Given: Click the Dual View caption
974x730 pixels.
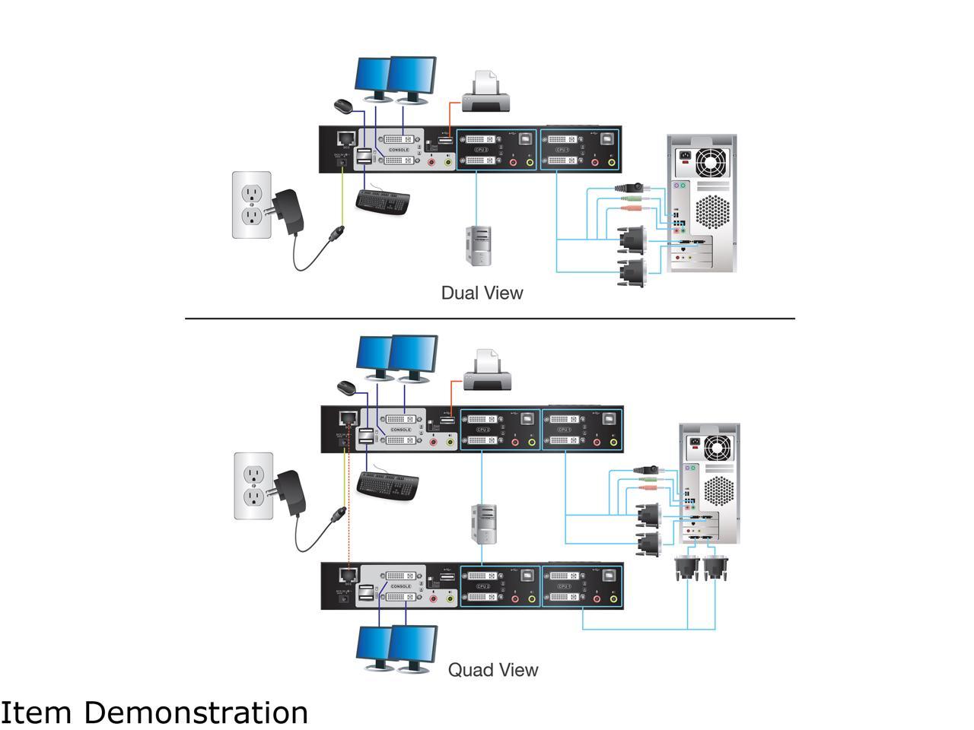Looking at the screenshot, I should click(482, 293).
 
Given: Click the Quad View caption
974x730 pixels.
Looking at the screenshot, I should click(492, 670).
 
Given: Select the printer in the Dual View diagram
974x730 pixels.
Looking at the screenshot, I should click(485, 93).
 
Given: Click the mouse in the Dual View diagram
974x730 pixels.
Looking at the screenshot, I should click(343, 106).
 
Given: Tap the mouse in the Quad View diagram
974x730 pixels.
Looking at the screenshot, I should click(347, 387).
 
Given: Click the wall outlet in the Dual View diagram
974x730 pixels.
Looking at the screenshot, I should click(252, 205).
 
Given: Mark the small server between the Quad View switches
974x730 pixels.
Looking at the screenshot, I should click(483, 525).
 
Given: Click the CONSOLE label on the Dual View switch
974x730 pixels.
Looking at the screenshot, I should click(399, 150).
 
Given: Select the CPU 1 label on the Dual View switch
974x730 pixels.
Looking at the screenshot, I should click(562, 151).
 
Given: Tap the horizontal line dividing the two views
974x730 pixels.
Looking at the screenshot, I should click(489, 319).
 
